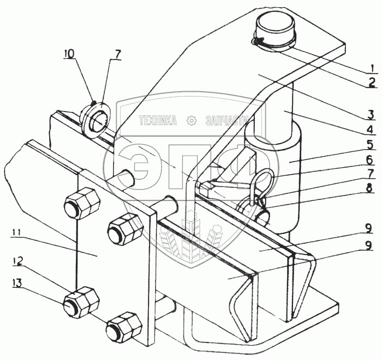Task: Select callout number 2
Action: tap(371, 82)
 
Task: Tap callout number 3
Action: tap(371, 115)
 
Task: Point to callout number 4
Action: tap(370, 129)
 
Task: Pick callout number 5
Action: tap(371, 145)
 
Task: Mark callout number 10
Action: tap(70, 55)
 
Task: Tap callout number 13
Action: tap(16, 283)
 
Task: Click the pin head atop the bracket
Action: tap(274, 32)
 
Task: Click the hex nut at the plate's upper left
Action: tap(82, 203)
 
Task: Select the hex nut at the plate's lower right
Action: tap(124, 326)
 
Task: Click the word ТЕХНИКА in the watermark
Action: tap(158, 121)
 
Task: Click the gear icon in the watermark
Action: tap(191, 121)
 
